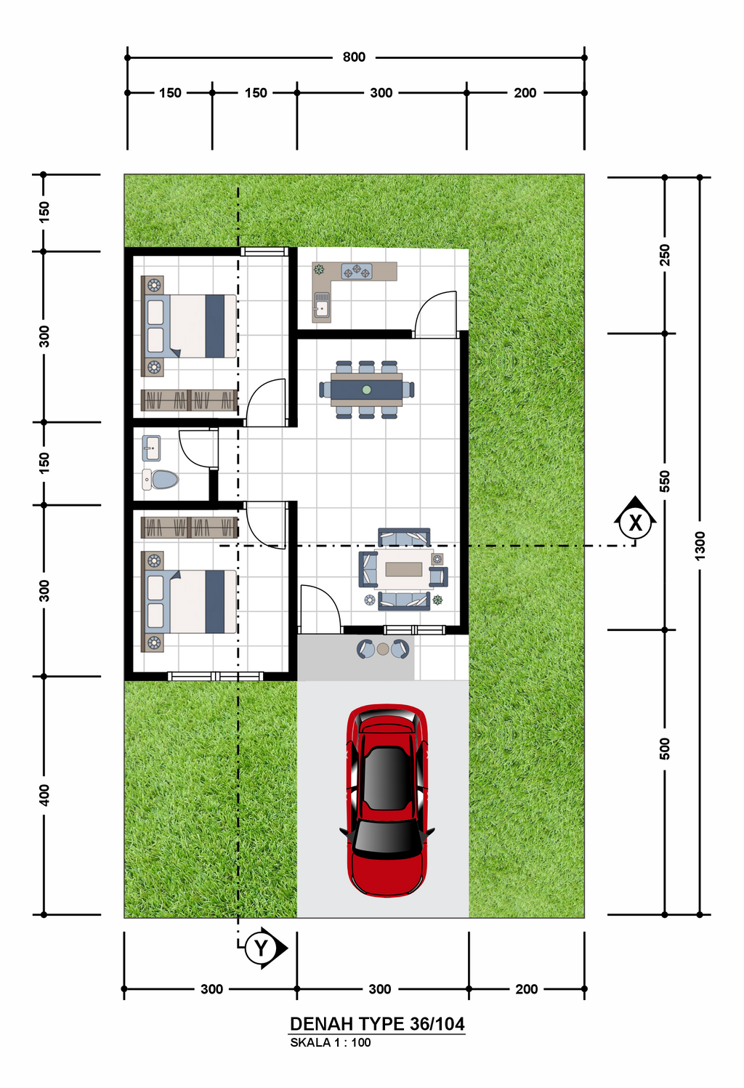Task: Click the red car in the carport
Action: click(x=387, y=800)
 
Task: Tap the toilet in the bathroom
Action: click(x=161, y=480)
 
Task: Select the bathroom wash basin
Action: click(x=151, y=448)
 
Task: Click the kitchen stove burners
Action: click(x=357, y=271)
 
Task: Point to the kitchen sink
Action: click(x=321, y=305)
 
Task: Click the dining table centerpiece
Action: click(x=367, y=390)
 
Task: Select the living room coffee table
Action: click(x=403, y=569)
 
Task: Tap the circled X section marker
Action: click(x=635, y=522)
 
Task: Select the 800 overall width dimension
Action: click(x=354, y=57)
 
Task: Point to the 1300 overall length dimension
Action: click(x=700, y=546)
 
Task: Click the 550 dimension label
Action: click(x=664, y=481)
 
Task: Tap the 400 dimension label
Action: click(x=44, y=795)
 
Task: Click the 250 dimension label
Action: click(x=664, y=255)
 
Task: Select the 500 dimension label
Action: click(x=664, y=749)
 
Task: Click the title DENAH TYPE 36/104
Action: click(x=377, y=1024)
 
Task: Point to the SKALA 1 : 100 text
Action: click(x=331, y=1042)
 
